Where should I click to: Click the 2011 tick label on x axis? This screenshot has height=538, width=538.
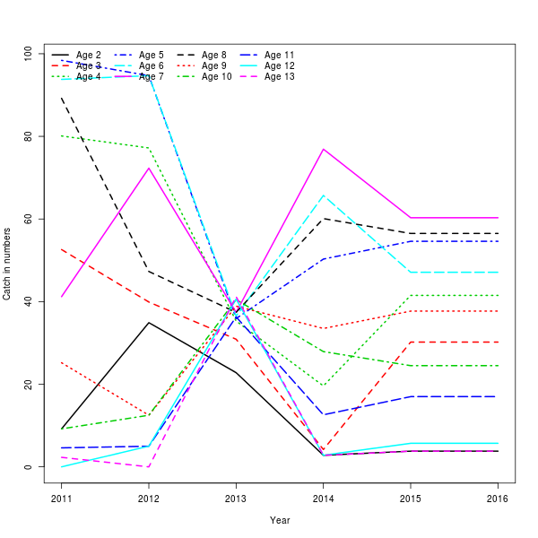pyautogui.click(x=62, y=499)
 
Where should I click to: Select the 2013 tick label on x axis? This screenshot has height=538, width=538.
pyautogui.click(x=236, y=499)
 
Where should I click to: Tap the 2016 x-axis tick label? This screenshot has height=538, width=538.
pyautogui.click(x=498, y=499)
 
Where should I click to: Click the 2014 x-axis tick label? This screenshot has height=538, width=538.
pyautogui.click(x=324, y=499)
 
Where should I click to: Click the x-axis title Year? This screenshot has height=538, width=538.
pyautogui.click(x=280, y=520)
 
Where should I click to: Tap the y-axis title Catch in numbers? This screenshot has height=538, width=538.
pyautogui.click(x=8, y=260)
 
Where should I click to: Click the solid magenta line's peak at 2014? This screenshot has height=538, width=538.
pyautogui.click(x=324, y=149)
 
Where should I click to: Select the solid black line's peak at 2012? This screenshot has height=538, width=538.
pyautogui.click(x=149, y=323)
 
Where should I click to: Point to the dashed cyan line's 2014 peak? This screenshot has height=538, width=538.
pyautogui.click(x=324, y=195)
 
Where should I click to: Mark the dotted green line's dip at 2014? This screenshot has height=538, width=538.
pyautogui.click(x=324, y=386)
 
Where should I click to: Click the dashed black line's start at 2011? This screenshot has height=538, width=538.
pyautogui.click(x=62, y=99)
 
